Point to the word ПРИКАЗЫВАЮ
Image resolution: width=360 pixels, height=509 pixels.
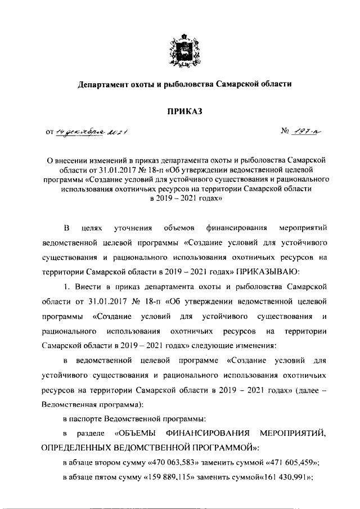click(x=266, y=272)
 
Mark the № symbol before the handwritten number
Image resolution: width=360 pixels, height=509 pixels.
click(x=285, y=132)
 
